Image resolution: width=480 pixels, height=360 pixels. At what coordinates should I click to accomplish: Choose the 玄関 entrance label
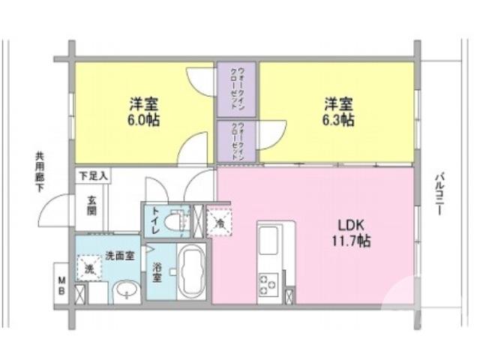tap(91, 205)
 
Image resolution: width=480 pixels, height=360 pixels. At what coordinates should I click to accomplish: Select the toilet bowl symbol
tap(176, 222)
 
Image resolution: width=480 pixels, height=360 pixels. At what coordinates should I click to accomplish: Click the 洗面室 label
tap(120, 256)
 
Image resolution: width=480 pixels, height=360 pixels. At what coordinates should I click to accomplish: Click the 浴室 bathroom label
tap(157, 271)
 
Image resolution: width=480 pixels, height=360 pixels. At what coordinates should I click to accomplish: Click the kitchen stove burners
tap(268, 286)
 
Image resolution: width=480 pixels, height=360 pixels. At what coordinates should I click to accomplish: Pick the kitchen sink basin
tap(268, 242)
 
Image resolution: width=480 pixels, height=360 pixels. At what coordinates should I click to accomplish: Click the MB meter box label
tap(61, 284)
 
